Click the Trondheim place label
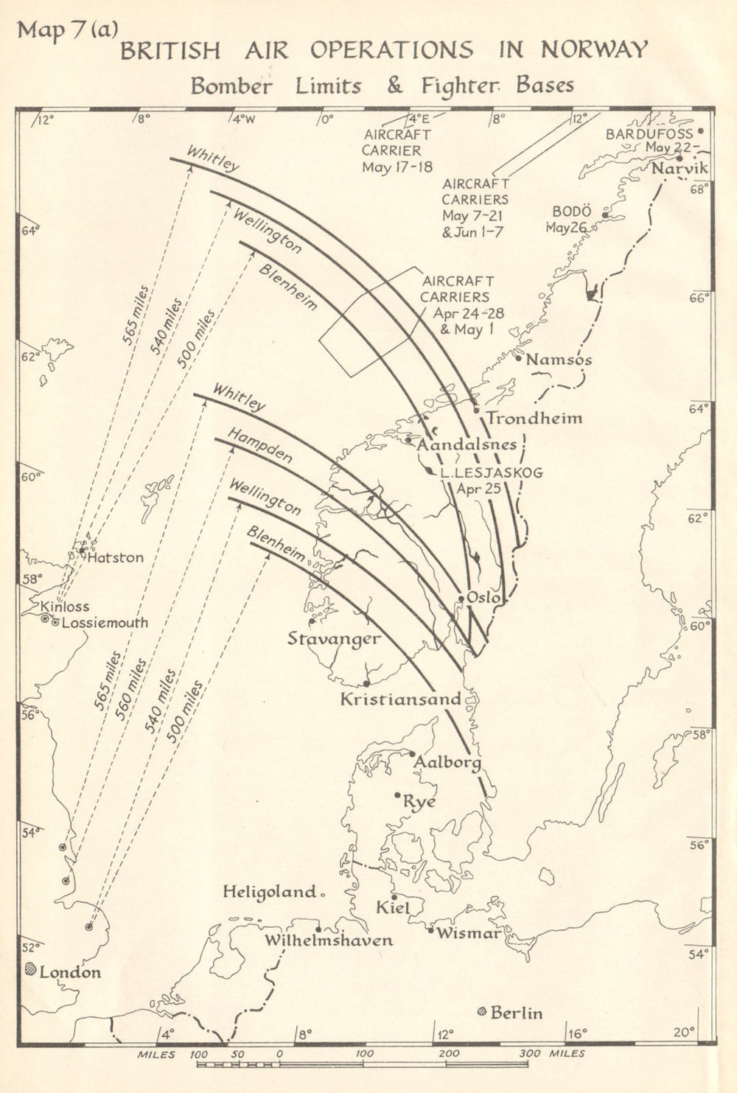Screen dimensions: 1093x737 click(x=534, y=419)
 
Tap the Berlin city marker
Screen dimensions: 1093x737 click(x=482, y=1012)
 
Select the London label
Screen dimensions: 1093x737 click(x=70, y=972)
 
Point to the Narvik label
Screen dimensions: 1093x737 click(x=680, y=168)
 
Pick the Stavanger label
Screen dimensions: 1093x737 click(x=334, y=638)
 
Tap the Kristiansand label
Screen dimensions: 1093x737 click(x=400, y=699)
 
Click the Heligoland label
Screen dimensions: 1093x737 click(x=270, y=892)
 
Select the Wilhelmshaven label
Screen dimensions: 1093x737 click(x=329, y=940)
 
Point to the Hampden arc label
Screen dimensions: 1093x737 click(x=259, y=446)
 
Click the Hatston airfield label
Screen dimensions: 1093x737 click(x=116, y=557)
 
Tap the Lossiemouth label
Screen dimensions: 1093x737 click(x=104, y=622)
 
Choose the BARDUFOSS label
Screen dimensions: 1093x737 click(x=649, y=133)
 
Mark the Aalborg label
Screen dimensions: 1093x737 click(x=447, y=762)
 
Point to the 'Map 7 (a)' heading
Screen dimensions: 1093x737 click(x=66, y=29)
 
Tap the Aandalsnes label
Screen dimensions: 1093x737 click(x=467, y=445)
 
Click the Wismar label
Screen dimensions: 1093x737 click(x=469, y=933)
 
